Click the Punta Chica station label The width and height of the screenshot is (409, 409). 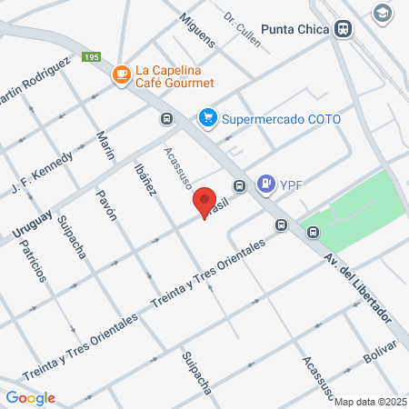pyautogui.click(x=294, y=28)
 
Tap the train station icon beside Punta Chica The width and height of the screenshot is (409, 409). pyautogui.click(x=343, y=28)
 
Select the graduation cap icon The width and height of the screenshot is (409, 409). pyautogui.click(x=382, y=12)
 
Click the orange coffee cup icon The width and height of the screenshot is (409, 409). pyautogui.click(x=119, y=75)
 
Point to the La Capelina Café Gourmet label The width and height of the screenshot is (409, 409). pyautogui.click(x=174, y=75)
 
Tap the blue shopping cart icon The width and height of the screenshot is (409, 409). pyautogui.click(x=208, y=117)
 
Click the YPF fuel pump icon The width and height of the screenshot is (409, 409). pyautogui.click(x=265, y=185)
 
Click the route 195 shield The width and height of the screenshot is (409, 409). pyautogui.click(x=90, y=57)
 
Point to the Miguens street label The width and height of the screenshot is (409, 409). pyautogui.click(x=197, y=31)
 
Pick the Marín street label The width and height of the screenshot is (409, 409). pyautogui.click(x=106, y=145)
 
